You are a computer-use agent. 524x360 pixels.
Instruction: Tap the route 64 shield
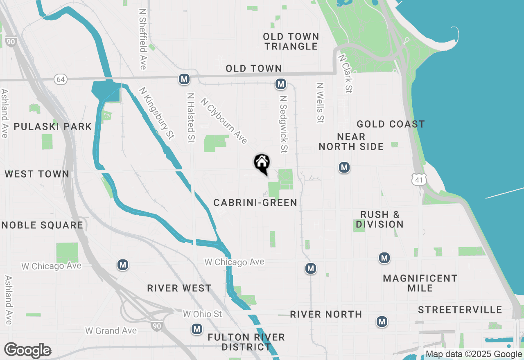click(61, 79)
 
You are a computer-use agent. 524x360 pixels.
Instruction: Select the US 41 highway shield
click(418, 180)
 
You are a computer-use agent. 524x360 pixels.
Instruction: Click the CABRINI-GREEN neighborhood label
click(255, 202)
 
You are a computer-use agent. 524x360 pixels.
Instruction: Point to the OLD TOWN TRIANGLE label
click(291, 42)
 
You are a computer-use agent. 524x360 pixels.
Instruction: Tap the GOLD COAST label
click(391, 124)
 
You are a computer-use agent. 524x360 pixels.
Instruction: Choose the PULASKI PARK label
click(53, 126)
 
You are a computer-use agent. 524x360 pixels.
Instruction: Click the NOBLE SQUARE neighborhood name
click(43, 225)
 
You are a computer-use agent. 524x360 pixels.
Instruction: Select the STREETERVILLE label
click(460, 310)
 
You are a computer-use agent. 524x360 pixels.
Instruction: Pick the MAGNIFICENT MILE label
click(420, 283)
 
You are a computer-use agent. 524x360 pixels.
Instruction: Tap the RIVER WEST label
click(179, 288)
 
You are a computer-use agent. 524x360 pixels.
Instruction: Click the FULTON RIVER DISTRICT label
click(246, 342)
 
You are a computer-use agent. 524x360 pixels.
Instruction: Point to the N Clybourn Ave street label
click(224, 121)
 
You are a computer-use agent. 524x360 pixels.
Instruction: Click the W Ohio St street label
click(202, 314)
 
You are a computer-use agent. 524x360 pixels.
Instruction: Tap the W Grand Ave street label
click(111, 330)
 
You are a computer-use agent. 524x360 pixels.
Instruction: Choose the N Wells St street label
click(320, 103)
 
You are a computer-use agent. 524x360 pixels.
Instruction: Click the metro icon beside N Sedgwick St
click(280, 84)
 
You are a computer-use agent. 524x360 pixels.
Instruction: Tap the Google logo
click(27, 350)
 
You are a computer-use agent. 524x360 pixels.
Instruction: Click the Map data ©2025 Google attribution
click(474, 354)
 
